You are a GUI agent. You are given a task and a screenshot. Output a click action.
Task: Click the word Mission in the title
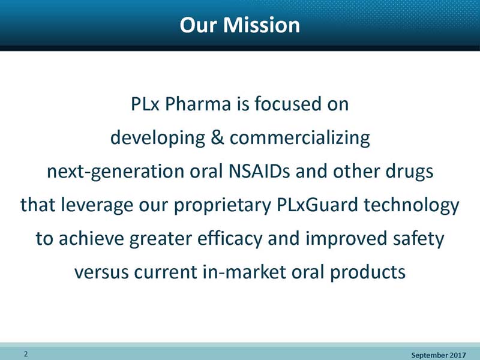(x=262, y=25)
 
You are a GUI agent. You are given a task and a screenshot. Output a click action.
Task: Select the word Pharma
(x=198, y=104)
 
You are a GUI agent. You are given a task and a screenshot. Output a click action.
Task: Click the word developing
(x=158, y=139)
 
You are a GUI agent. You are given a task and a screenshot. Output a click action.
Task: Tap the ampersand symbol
(x=217, y=137)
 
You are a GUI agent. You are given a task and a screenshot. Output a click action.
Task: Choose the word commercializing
(x=299, y=139)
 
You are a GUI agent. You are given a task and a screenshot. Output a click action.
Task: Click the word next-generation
(x=115, y=172)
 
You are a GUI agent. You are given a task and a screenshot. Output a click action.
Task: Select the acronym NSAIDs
(x=259, y=171)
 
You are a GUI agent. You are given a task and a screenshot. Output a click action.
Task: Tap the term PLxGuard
(x=317, y=205)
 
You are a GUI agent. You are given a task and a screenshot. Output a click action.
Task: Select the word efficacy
(x=230, y=239)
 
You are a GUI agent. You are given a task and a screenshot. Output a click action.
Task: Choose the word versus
(x=101, y=272)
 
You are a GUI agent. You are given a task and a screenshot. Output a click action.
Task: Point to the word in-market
(x=244, y=272)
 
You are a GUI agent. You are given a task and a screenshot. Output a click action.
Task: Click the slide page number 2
(x=26, y=354)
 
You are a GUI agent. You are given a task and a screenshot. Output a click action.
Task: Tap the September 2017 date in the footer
(x=439, y=355)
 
